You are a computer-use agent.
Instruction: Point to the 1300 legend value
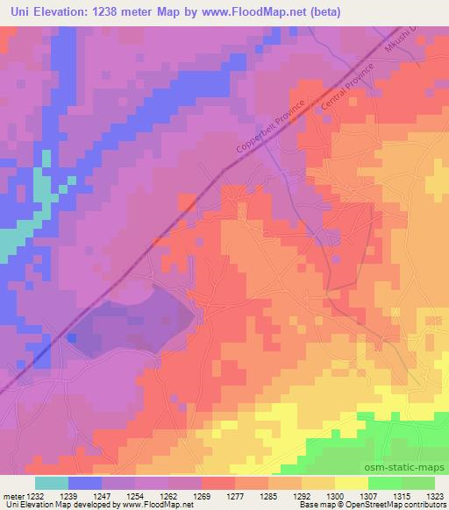[x=335, y=495]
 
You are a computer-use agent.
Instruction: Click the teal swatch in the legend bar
[x=52, y=483]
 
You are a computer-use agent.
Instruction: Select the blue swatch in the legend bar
[x=85, y=483]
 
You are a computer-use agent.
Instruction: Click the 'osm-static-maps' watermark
[x=412, y=468]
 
